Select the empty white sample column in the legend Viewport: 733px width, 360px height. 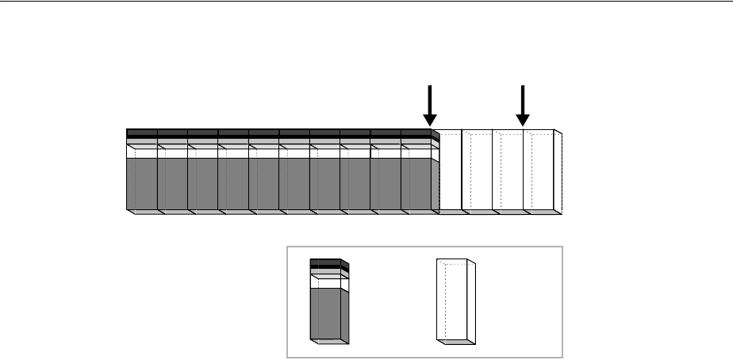456,301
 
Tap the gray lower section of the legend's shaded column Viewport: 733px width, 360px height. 326,313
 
